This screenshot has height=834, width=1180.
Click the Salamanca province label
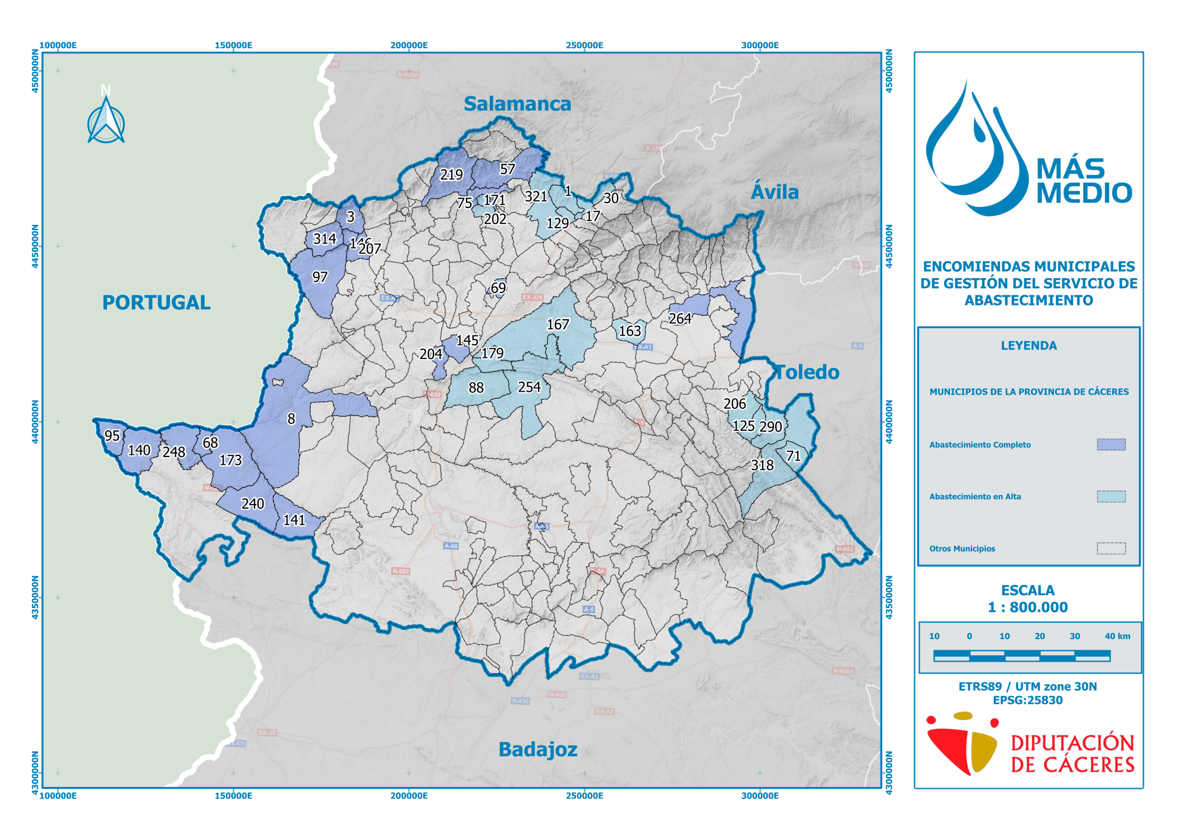tap(517, 104)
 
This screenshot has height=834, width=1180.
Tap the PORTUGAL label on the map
tap(156, 303)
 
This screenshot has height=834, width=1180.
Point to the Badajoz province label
tap(537, 750)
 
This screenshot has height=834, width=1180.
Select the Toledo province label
tap(807, 373)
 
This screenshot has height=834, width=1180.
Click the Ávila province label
tap(775, 193)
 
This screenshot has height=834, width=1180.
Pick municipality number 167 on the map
tap(558, 325)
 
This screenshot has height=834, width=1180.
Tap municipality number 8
tap(291, 419)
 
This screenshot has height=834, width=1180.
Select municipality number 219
tap(451, 175)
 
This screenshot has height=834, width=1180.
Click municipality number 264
tap(680, 319)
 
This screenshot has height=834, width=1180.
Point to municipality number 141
tap(294, 520)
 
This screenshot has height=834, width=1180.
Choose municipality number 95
tap(112, 436)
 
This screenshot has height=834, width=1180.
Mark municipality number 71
tap(794, 456)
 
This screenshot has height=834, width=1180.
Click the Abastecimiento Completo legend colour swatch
tap(1111, 445)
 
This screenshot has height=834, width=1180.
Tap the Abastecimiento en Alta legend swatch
tap(1111, 496)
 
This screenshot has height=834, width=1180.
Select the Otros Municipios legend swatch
tap(1111, 549)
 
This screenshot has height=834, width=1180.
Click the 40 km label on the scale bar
tap(1117, 636)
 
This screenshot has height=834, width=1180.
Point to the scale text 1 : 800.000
tap(1028, 607)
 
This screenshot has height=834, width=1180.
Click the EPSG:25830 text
tap(1028, 700)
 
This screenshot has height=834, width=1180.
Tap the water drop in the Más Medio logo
tap(975, 155)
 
